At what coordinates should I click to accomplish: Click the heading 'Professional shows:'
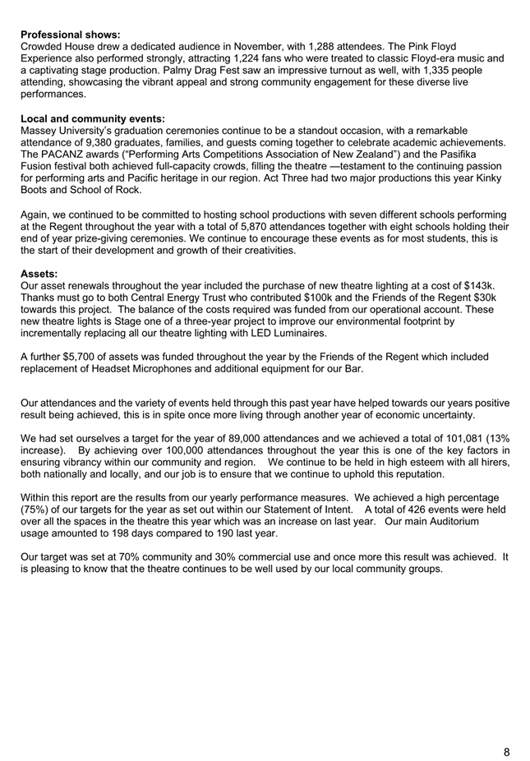click(x=71, y=35)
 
